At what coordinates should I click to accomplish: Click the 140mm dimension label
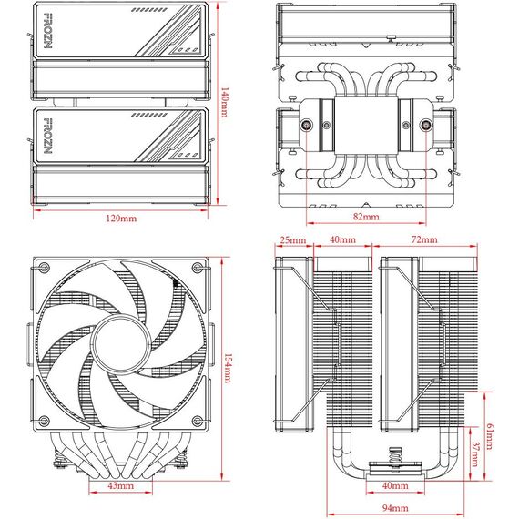(224, 103)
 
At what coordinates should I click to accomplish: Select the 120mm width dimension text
(121, 219)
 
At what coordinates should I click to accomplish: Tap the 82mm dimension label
(366, 217)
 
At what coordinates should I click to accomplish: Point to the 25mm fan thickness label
(293, 240)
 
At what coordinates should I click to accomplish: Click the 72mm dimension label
(424, 239)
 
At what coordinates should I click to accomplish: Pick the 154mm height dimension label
(228, 368)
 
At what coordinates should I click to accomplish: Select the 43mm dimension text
(121, 486)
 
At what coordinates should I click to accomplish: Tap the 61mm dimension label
(490, 436)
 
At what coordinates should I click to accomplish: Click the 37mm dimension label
(475, 454)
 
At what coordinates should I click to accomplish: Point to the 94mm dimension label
(395, 508)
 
